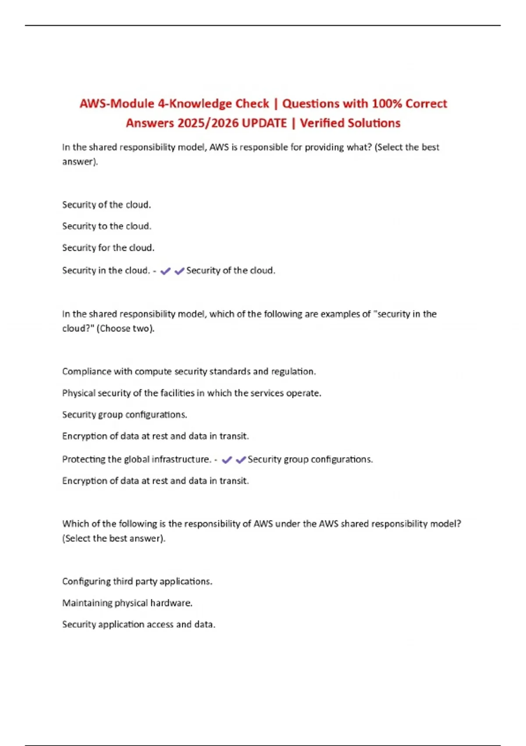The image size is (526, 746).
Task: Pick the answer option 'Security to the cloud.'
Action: pos(107,226)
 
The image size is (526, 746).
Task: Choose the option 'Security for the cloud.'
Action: pos(108,248)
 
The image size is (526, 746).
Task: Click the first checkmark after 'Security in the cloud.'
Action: pos(165,271)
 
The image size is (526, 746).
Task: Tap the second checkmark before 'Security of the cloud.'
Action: pos(179,271)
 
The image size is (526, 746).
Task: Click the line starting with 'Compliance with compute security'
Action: pos(189,372)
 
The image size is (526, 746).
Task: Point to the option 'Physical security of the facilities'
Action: pos(192,393)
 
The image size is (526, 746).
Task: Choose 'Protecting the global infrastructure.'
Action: pos(137,459)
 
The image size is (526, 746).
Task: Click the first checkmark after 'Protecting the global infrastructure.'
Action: pos(227,460)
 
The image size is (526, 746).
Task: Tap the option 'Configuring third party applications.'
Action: pos(137,581)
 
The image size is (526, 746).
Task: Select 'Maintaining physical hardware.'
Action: pos(127,603)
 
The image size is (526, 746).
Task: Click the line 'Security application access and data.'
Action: pos(139,624)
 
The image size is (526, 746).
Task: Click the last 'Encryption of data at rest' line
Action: pos(156,481)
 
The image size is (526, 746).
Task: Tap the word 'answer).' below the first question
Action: pos(80,162)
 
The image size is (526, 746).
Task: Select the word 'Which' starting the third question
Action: pos(73,524)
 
